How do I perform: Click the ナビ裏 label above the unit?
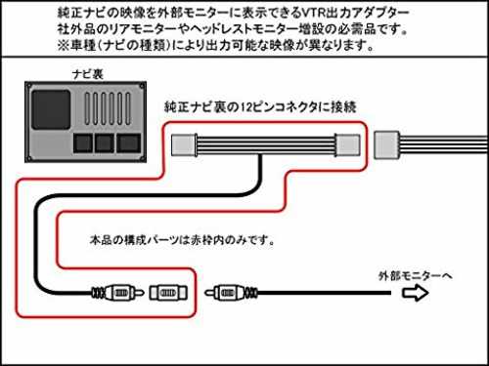(87, 74)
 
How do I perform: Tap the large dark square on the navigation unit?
(51, 109)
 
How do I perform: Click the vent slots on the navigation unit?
(108, 108)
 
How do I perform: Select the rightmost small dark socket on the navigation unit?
(129, 142)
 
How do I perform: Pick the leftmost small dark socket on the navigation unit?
(83, 142)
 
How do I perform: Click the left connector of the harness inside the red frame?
(185, 144)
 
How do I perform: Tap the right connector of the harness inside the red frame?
(347, 145)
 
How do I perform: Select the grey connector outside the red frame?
(387, 144)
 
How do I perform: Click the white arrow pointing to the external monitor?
(415, 293)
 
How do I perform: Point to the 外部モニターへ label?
(416, 276)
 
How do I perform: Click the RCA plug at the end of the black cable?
(117, 293)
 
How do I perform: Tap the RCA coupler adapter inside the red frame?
(168, 293)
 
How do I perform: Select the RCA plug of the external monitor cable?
(231, 293)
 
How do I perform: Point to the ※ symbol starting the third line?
(64, 45)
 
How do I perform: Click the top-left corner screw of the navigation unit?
(29, 86)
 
